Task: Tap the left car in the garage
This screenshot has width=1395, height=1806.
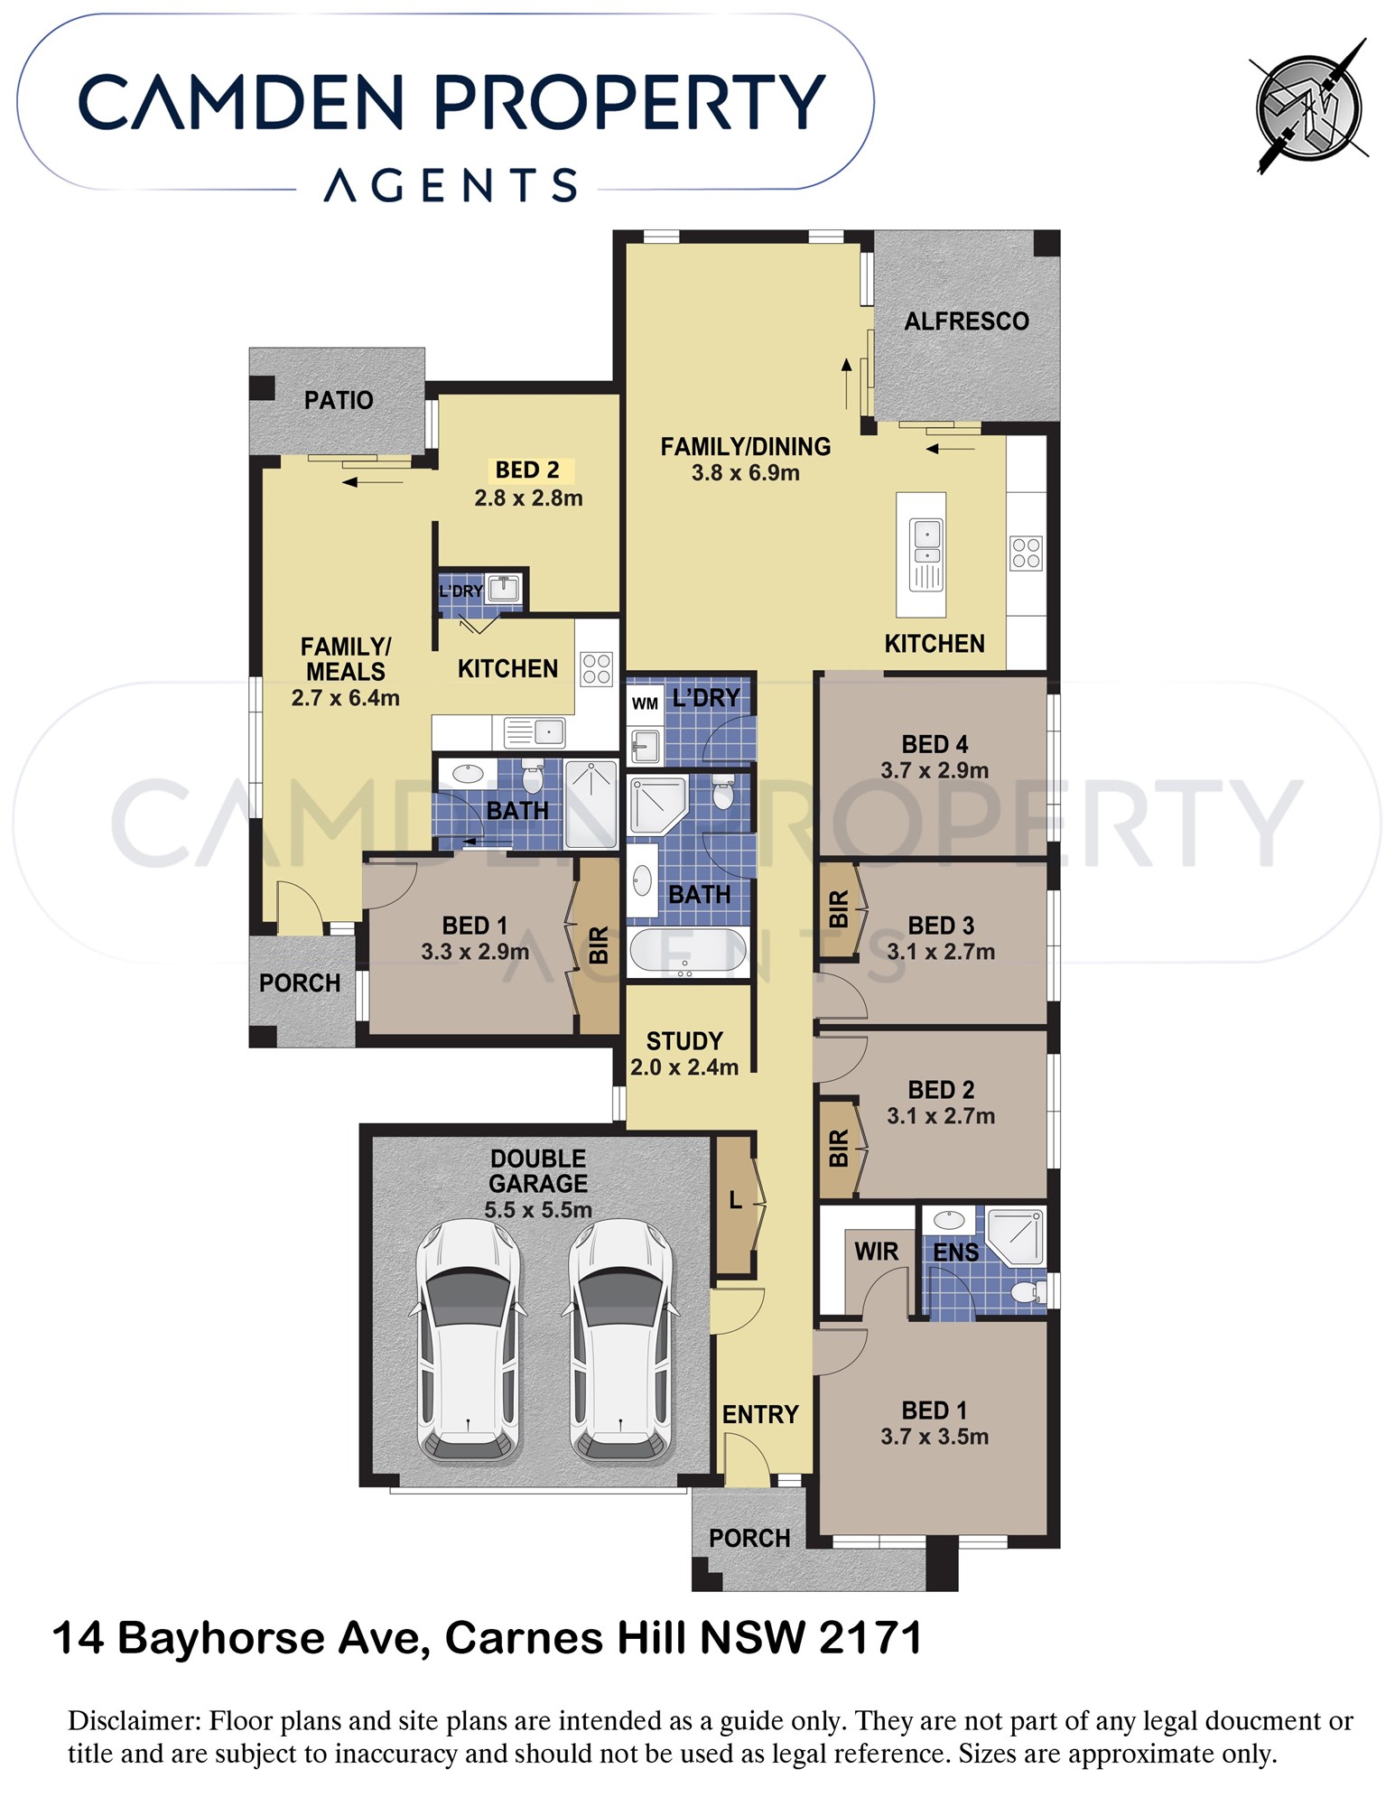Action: coord(469,1341)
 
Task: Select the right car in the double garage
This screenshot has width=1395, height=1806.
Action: coord(621,1341)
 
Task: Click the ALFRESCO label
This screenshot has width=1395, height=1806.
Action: coord(966,321)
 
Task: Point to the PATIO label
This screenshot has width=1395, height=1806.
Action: coord(339,400)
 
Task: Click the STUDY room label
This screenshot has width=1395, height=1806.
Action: coord(684,1041)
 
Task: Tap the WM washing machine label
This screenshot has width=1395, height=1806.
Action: coord(645,703)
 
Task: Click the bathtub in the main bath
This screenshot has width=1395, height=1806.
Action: coord(687,952)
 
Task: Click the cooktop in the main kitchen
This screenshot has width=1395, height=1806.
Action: coord(1026,553)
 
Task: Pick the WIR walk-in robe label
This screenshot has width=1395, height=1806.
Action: coord(876,1252)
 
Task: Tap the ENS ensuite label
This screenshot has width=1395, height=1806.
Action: coord(955,1252)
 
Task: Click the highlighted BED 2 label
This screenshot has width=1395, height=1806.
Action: coord(527,470)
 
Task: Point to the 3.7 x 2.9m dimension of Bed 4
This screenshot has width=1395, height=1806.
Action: coord(935,770)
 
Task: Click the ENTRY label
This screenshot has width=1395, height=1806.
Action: coord(760,1415)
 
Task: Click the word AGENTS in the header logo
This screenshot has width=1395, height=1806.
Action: coord(451,185)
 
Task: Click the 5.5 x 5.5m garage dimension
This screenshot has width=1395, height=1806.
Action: coord(538,1210)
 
